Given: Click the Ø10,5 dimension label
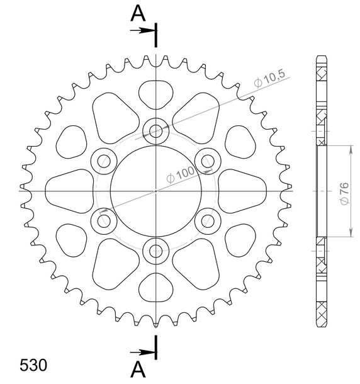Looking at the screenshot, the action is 269,78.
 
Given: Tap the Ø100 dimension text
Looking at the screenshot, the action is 180,175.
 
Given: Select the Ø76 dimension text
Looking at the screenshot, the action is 344,193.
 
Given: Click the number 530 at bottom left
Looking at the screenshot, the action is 33,365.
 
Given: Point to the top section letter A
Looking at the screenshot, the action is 138,13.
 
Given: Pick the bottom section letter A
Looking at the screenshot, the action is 138,370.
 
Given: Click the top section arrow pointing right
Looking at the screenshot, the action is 142,31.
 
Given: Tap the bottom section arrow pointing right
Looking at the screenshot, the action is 142,353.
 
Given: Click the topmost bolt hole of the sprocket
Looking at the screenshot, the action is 155,132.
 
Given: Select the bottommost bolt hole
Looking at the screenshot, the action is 155,251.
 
